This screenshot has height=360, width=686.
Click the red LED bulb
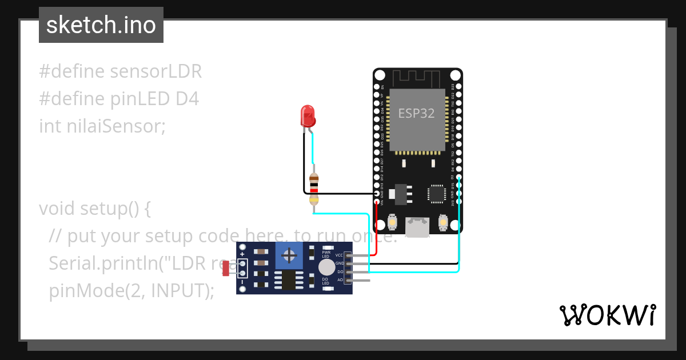coord(308,115)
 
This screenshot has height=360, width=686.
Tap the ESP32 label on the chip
coord(416,113)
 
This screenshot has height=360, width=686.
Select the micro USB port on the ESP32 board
coord(417,227)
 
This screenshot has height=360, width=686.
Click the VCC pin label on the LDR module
coord(340,255)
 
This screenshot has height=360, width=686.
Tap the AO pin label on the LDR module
coord(340,280)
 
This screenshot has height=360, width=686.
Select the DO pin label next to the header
coord(340,272)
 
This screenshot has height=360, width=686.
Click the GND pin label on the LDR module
coord(340,263)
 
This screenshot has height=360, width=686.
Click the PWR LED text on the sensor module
coord(326,254)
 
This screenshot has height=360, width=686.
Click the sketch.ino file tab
coord(101,25)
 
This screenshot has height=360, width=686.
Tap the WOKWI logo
coord(607,315)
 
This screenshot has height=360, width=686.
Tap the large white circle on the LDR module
coord(326,267)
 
